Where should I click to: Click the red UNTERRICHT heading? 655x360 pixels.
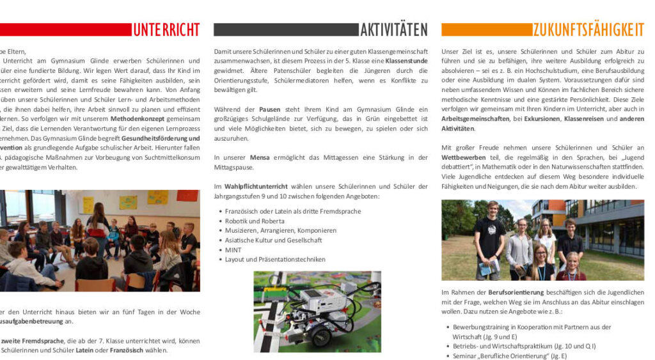point(166,29)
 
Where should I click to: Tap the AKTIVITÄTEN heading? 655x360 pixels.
point(393,29)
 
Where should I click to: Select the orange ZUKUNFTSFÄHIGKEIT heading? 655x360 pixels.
point(588,29)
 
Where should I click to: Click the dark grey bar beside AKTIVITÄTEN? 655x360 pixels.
point(285,29)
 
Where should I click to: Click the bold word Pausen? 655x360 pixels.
point(269,109)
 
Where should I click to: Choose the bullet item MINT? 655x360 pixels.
point(233,250)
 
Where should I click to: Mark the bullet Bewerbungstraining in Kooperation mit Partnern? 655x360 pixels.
point(532,327)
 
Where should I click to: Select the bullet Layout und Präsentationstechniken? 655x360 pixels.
point(275,260)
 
